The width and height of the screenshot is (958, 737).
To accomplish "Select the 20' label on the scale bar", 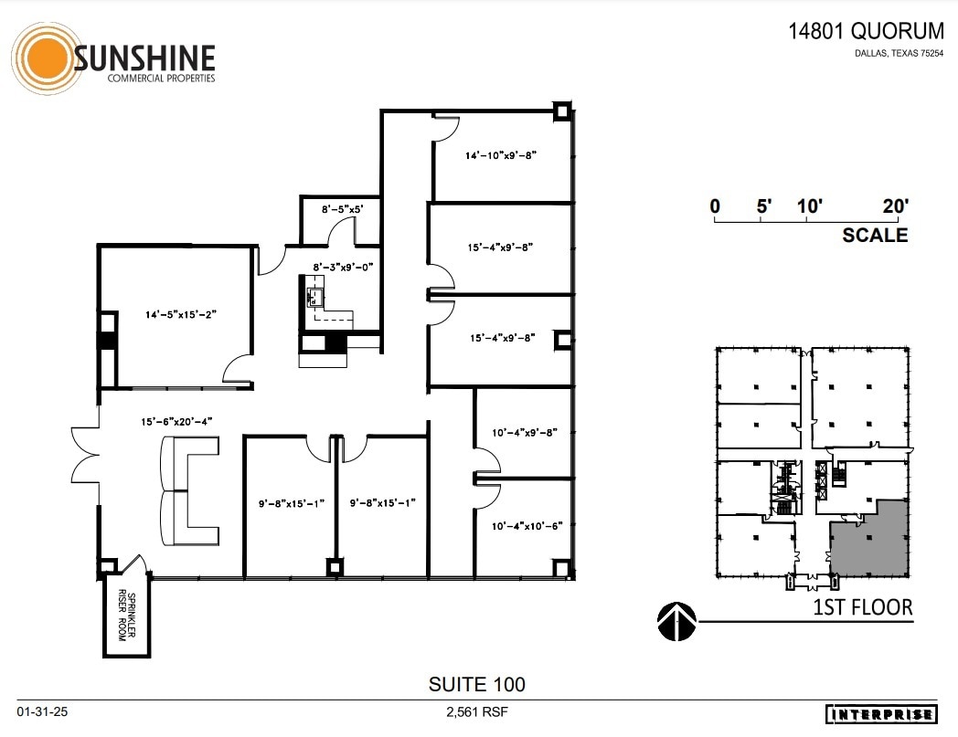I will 895,205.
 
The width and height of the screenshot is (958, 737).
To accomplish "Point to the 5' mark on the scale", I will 764,205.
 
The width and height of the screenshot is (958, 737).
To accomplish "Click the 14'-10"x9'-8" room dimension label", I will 500,156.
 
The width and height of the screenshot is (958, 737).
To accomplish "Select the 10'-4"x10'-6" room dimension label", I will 523,525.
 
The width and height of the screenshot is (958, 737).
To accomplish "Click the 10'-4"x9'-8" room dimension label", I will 523,431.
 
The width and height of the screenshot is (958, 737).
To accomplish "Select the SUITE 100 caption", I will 477,683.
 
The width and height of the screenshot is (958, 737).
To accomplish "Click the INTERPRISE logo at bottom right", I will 881,714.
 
